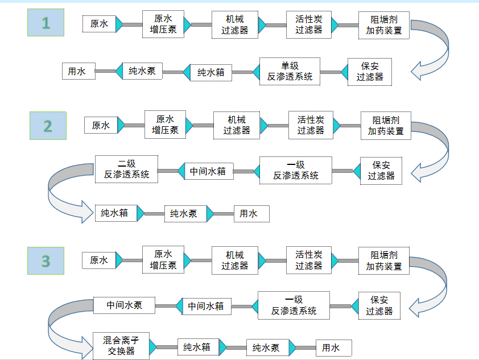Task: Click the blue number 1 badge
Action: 46,23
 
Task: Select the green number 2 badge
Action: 48,126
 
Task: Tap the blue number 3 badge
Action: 46,261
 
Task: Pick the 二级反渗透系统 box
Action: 126,169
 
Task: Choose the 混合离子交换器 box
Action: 121,346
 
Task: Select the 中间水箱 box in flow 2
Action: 208,171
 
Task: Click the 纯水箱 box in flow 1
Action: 211,72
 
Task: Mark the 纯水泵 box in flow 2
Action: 183,214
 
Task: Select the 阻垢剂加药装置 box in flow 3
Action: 383,261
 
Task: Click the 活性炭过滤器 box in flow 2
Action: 310,125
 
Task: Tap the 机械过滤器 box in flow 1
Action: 235,24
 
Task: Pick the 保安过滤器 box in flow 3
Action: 379,305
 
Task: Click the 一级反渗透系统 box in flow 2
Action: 295,170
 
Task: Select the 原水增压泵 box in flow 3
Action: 163,260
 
